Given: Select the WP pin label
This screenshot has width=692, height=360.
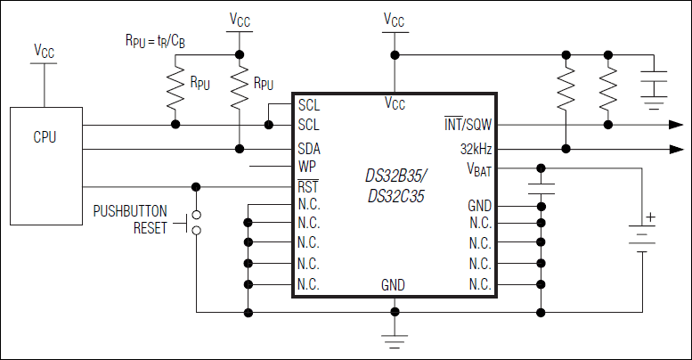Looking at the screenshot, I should coord(307,167).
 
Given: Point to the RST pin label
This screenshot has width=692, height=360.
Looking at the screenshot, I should coord(308,186).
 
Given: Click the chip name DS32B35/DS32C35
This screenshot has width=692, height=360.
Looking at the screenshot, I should coord(395,186).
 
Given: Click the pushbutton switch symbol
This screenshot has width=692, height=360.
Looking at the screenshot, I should coord(192,223).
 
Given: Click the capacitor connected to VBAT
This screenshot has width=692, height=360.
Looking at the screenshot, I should coord(541,187).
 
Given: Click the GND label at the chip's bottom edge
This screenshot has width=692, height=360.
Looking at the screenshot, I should coord(393,285).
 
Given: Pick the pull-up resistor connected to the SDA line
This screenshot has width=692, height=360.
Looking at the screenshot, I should coord(239,86).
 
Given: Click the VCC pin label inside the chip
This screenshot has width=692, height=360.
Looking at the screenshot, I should coord(393,104).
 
